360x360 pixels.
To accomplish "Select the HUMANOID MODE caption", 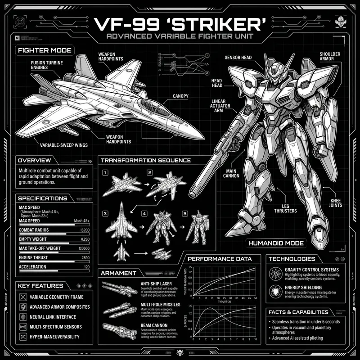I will click(x=276, y=243).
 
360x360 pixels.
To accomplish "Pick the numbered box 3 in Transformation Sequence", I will click(x=105, y=213).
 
